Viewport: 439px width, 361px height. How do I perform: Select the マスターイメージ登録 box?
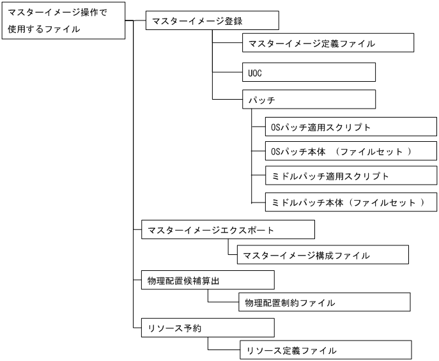(x=212, y=20)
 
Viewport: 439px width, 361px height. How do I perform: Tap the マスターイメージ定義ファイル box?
(x=328, y=43)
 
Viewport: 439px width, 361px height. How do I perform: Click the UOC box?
(x=309, y=72)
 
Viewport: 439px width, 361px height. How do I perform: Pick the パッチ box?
(x=309, y=100)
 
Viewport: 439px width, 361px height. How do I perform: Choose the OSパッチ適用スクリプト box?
(x=351, y=127)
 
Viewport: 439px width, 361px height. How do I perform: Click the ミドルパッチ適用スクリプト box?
(x=351, y=176)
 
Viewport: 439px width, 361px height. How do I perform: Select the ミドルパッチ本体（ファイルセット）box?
(x=351, y=202)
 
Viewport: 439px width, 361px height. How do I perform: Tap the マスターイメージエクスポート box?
(x=227, y=230)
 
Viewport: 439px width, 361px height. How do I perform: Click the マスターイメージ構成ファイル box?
(x=322, y=255)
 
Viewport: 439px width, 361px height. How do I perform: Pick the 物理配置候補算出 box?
(x=207, y=280)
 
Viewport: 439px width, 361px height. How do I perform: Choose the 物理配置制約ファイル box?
(x=325, y=302)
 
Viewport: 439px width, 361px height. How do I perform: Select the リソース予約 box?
(x=207, y=328)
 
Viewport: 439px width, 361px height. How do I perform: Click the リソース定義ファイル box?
(x=325, y=350)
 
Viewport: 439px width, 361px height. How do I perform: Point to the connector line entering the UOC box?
(x=227, y=72)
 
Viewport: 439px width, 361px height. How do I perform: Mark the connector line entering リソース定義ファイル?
(x=224, y=350)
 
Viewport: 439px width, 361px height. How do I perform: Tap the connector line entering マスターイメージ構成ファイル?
(x=233, y=255)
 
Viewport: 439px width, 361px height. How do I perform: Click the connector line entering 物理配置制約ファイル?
(x=224, y=302)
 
